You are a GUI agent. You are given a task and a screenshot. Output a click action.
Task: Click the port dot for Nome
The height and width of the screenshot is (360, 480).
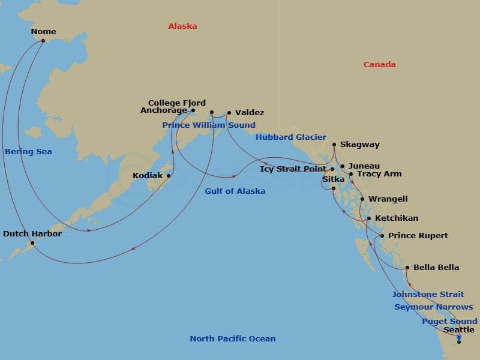(43, 41)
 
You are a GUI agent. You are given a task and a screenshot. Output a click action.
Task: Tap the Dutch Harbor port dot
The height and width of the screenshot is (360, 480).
(32, 243)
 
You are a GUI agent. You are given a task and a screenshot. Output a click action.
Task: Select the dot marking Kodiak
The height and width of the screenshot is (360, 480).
(169, 176)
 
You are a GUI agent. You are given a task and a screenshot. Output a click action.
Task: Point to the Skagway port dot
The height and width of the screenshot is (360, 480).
(334, 145)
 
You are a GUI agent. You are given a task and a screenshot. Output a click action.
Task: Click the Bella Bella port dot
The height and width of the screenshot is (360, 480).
(407, 268)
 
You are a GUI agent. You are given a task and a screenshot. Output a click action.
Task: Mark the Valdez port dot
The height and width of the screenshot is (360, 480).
(229, 112)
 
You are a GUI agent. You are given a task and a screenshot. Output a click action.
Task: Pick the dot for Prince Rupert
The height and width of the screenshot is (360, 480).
(382, 236)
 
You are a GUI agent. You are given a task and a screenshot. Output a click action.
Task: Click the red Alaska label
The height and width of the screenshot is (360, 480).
(182, 26)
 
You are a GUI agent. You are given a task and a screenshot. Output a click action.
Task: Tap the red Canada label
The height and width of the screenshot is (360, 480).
(379, 65)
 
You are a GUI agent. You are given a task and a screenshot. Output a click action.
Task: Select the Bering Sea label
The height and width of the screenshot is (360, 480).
(28, 152)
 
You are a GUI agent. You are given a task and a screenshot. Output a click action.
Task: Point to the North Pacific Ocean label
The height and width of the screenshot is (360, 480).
(233, 339)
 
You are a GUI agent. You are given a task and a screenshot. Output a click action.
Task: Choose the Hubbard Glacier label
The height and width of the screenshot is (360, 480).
(291, 137)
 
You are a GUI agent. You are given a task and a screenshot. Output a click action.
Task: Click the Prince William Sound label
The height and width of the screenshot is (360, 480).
(208, 125)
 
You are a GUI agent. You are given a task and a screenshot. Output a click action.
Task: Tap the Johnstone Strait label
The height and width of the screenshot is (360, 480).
(428, 295)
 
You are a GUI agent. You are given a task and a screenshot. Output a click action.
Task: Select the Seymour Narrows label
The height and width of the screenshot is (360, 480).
(434, 307)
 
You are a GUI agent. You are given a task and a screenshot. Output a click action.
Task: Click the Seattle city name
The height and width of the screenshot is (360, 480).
(459, 330)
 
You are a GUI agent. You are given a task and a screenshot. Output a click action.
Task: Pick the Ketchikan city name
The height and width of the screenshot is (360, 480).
(397, 218)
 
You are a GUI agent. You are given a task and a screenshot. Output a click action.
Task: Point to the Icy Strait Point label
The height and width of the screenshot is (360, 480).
(293, 169)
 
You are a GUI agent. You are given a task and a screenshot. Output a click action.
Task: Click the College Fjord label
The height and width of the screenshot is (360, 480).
(177, 103)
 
